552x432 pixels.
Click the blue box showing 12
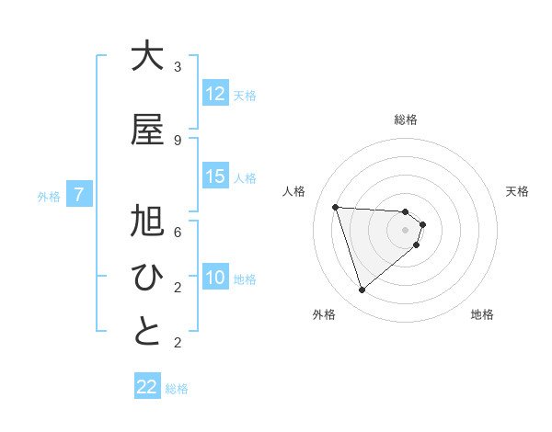point(215,94)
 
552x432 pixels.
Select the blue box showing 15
point(215,176)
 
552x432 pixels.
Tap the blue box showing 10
point(215,278)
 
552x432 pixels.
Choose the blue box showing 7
point(80,195)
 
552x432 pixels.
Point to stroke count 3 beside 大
point(178,67)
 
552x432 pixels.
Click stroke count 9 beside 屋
point(178,141)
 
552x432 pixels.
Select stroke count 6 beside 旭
point(178,233)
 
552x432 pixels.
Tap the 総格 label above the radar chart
point(406,119)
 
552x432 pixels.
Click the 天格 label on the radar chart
point(518,191)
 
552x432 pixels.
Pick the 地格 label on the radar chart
point(482,314)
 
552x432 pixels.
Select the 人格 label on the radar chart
point(293,191)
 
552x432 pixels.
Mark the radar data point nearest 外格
point(362,290)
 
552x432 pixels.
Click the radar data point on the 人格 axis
point(335,207)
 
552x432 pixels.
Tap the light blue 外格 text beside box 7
point(49,196)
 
